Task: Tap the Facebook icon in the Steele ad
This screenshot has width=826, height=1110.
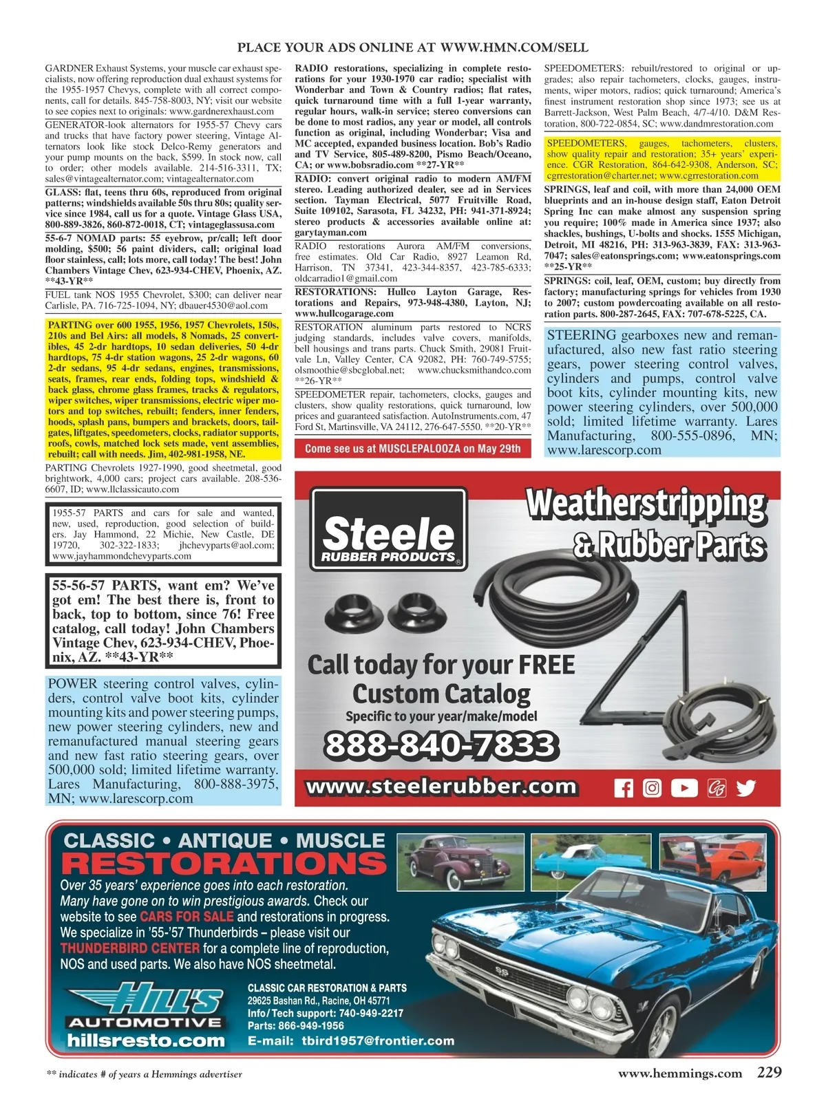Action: pyautogui.click(x=623, y=787)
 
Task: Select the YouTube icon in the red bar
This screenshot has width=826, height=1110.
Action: pyautogui.click(x=684, y=787)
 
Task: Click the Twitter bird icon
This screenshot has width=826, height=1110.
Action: pyautogui.click(x=745, y=787)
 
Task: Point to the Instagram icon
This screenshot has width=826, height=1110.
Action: pyautogui.click(x=652, y=787)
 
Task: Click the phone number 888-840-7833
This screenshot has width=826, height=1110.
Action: pyautogui.click(x=440, y=745)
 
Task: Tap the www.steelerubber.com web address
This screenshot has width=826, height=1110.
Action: pyautogui.click(x=441, y=787)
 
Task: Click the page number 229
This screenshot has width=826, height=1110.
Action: pyautogui.click(x=769, y=1072)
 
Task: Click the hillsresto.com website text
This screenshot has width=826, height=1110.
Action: pyautogui.click(x=146, y=1040)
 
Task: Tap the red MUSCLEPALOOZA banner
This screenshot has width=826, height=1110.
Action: pyautogui.click(x=413, y=449)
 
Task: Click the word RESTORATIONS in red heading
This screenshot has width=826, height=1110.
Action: pyautogui.click(x=224, y=864)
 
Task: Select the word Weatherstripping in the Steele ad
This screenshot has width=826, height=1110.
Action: pyautogui.click(x=646, y=504)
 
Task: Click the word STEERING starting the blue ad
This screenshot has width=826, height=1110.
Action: pyautogui.click(x=582, y=336)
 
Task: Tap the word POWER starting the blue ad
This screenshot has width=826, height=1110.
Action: pyautogui.click(x=73, y=684)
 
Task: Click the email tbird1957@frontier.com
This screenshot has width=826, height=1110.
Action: pyautogui.click(x=378, y=1040)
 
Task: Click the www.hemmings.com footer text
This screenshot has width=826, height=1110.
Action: pyautogui.click(x=679, y=1073)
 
